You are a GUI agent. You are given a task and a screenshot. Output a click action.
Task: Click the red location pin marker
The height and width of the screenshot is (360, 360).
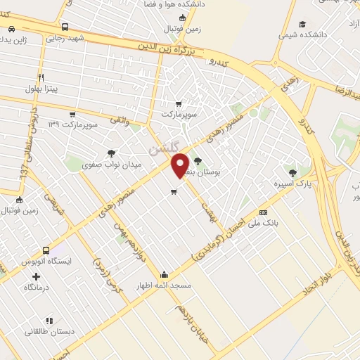point(181,165)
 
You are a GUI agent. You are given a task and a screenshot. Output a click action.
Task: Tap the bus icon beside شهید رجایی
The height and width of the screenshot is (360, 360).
point(65,27)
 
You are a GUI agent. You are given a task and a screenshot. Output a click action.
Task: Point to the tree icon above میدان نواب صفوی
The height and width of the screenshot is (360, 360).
point(111,153)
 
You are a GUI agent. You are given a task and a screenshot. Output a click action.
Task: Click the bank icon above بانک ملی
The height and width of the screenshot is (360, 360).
point(263,212)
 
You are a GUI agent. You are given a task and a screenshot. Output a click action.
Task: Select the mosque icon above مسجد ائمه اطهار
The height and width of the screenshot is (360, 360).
point(164,274)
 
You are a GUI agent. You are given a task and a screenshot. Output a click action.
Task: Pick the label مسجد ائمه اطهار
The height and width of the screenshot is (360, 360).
point(164,286)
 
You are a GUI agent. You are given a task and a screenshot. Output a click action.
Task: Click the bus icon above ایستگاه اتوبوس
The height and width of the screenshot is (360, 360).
point(46,250)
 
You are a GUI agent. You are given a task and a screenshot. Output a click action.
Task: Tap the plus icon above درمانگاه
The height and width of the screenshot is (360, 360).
point(36,276)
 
